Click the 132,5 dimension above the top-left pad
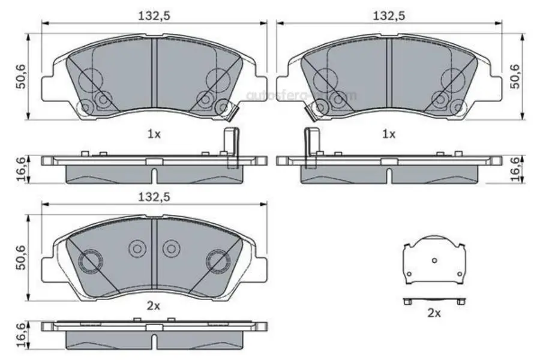click(x=154, y=16)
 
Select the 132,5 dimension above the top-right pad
click(x=389, y=16)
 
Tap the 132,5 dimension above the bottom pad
click(x=154, y=197)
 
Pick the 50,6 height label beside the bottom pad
click(x=22, y=258)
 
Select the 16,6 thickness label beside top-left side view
click(x=22, y=168)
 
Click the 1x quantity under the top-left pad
click(x=154, y=135)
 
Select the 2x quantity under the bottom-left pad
click(x=154, y=306)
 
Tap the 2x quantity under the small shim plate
click(x=434, y=313)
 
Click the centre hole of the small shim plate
click(x=435, y=260)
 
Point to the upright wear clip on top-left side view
click(x=230, y=147)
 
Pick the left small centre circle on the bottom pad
click(x=137, y=248)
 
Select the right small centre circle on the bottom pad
click(x=172, y=248)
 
